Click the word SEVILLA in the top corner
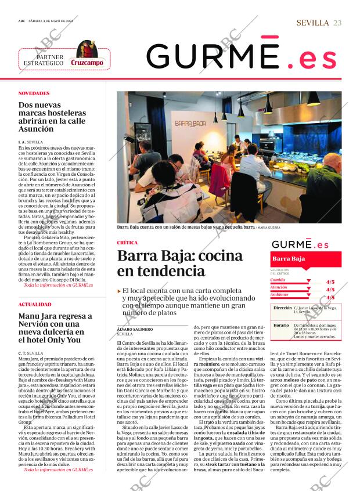click(312, 22)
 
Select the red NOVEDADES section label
click(34, 93)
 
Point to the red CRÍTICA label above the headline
click(128, 243)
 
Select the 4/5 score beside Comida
click(330, 281)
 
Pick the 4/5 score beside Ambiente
click(330, 297)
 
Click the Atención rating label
click(279, 287)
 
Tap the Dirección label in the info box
click(282, 308)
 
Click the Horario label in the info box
click(281, 326)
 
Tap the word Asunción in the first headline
click(36, 129)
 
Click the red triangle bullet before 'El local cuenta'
click(119, 290)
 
